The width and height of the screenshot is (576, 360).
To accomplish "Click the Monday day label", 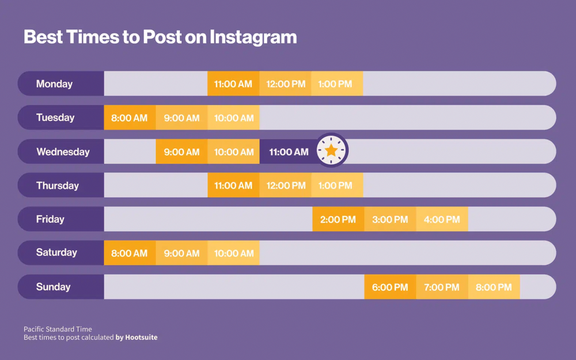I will (54, 84).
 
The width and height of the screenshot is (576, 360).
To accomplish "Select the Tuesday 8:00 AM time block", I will (130, 118).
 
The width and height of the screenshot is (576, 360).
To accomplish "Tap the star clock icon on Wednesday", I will (331, 151).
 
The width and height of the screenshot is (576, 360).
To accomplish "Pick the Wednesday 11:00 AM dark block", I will (288, 152).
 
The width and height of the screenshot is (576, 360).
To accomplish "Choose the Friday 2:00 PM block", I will (338, 219).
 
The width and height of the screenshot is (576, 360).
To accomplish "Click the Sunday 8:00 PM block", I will (494, 287).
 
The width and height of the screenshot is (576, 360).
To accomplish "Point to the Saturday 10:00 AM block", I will (233, 253).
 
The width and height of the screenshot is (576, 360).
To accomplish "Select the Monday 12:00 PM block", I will (286, 84).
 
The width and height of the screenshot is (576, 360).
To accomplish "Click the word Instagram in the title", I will (253, 37).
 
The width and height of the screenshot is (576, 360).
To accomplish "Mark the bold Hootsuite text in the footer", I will (141, 338).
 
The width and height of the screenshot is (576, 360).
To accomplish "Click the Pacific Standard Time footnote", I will (58, 329).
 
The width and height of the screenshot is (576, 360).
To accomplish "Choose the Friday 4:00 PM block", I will (442, 219).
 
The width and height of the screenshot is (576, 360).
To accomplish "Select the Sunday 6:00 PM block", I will (390, 287).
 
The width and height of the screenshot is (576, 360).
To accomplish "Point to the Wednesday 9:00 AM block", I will (181, 152).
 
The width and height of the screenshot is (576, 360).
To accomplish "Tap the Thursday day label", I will (57, 185).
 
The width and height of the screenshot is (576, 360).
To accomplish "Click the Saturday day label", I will (56, 253).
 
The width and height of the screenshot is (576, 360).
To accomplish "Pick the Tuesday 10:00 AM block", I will (233, 118).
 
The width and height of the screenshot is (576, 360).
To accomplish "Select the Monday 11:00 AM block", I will (233, 84).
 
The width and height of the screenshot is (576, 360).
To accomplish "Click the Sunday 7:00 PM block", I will (442, 287).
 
